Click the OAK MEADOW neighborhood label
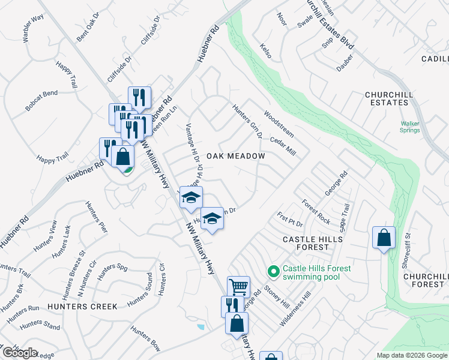[x=235, y=156]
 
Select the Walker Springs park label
[x=411, y=127]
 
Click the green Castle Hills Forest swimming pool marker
[x=274, y=272]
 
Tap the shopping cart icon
[x=238, y=287]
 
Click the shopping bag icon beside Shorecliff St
[x=384, y=238]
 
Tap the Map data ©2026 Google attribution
[x=411, y=355]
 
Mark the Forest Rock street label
[x=316, y=212]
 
